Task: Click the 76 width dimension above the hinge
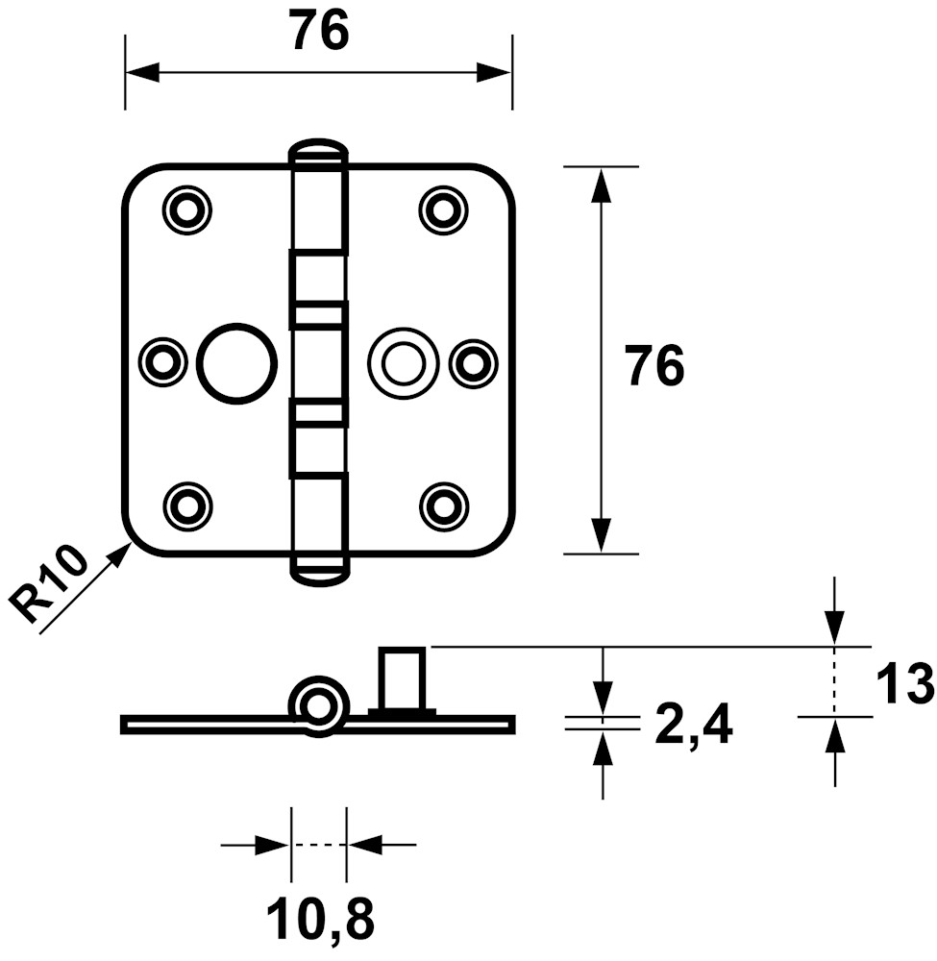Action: tap(320, 32)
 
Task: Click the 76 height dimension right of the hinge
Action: tap(653, 366)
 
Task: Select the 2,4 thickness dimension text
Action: tap(693, 725)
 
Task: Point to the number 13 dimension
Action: tap(905, 684)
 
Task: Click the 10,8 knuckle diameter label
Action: tap(321, 920)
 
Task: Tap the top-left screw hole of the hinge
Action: tap(186, 209)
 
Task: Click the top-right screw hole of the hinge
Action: tap(444, 209)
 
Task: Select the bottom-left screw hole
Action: tap(186, 506)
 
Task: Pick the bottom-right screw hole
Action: tap(444, 506)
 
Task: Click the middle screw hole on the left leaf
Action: tap(163, 363)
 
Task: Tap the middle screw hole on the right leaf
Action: tap(473, 363)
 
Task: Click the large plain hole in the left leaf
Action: tap(236, 363)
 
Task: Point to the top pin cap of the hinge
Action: tap(318, 151)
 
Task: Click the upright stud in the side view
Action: tap(402, 679)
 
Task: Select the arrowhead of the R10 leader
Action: tap(120, 554)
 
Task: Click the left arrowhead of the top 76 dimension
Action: tap(142, 72)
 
